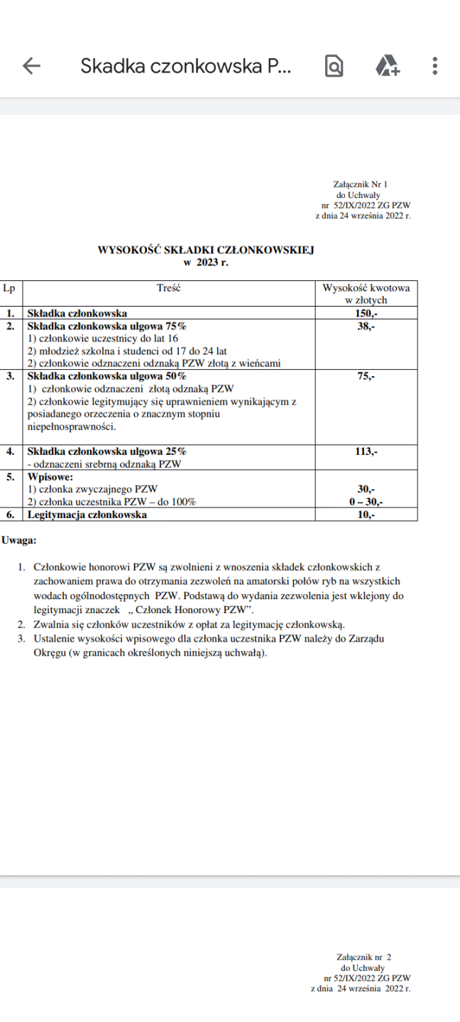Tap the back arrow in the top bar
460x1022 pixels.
click(32, 66)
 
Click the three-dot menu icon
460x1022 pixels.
click(434, 66)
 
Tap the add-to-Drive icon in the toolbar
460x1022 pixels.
click(387, 66)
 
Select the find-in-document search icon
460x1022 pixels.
click(334, 66)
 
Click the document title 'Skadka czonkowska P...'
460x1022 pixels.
click(186, 66)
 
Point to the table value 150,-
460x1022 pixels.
click(366, 312)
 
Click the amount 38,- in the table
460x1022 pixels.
click(366, 326)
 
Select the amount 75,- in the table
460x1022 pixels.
click(366, 376)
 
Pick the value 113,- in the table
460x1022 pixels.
click(366, 451)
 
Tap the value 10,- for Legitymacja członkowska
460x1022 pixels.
click(366, 515)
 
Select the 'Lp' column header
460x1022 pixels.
click(9, 288)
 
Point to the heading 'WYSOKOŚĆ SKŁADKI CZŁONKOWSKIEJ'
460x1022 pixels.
click(205, 250)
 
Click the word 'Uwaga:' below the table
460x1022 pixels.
click(18, 540)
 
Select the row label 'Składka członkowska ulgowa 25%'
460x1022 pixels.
click(106, 451)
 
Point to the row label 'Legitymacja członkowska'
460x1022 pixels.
click(87, 515)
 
